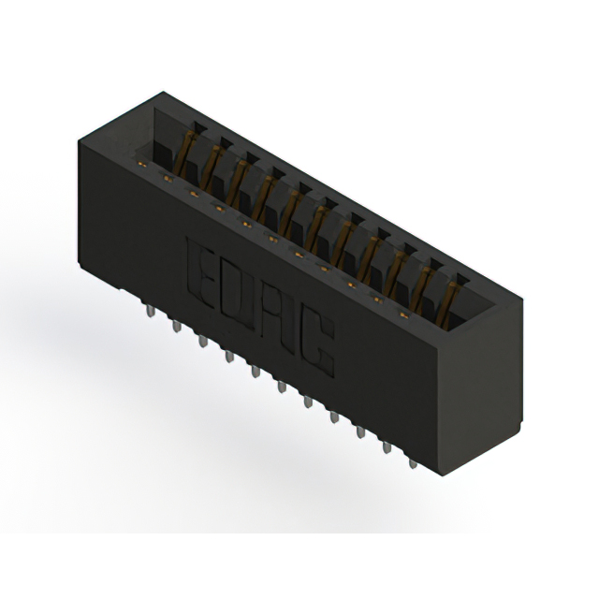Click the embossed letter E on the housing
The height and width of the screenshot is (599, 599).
(x=200, y=273)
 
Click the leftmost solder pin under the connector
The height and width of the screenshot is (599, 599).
(x=151, y=311)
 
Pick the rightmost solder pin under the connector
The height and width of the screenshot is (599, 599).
(x=413, y=464)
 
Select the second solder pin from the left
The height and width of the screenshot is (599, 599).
(x=177, y=326)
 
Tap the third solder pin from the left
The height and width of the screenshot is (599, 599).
(x=203, y=341)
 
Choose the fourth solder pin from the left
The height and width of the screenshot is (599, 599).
(x=229, y=357)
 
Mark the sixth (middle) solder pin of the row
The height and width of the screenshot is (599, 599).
(x=282, y=387)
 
